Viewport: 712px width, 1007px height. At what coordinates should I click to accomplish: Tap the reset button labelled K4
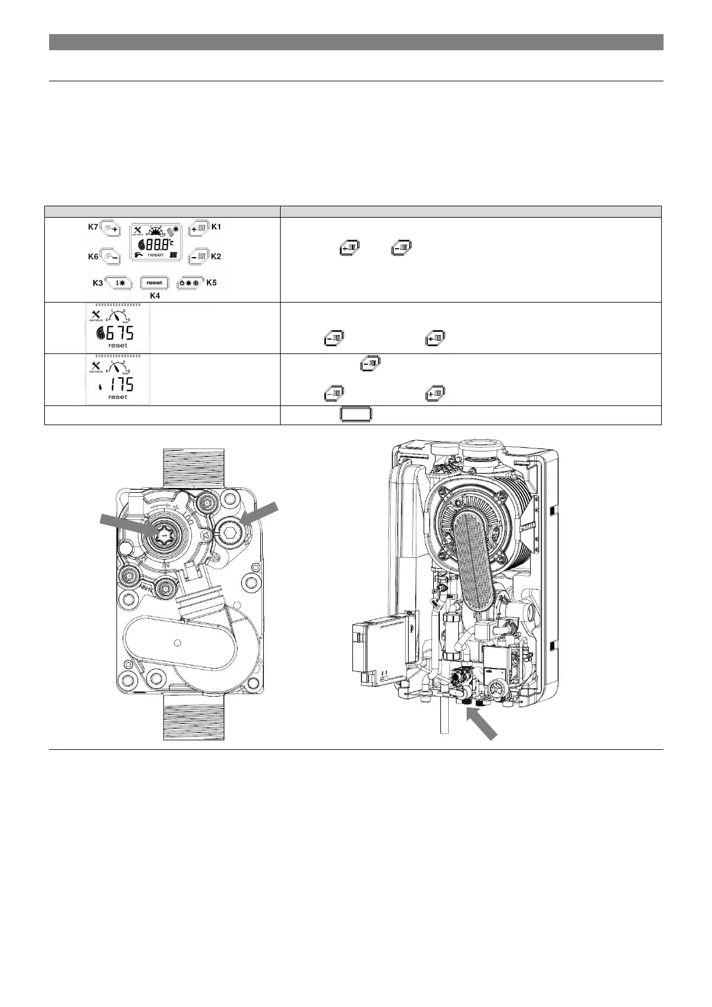(154, 282)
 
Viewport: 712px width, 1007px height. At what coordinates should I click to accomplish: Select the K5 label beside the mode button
(211, 283)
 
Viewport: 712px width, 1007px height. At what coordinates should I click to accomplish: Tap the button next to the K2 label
(197, 257)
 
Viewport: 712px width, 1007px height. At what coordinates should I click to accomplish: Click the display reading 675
(120, 333)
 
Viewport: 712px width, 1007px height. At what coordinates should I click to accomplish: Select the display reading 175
(120, 385)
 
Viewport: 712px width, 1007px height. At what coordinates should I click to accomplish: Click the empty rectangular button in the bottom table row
(356, 415)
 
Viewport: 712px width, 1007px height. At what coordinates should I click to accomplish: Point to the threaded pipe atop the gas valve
(194, 466)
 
